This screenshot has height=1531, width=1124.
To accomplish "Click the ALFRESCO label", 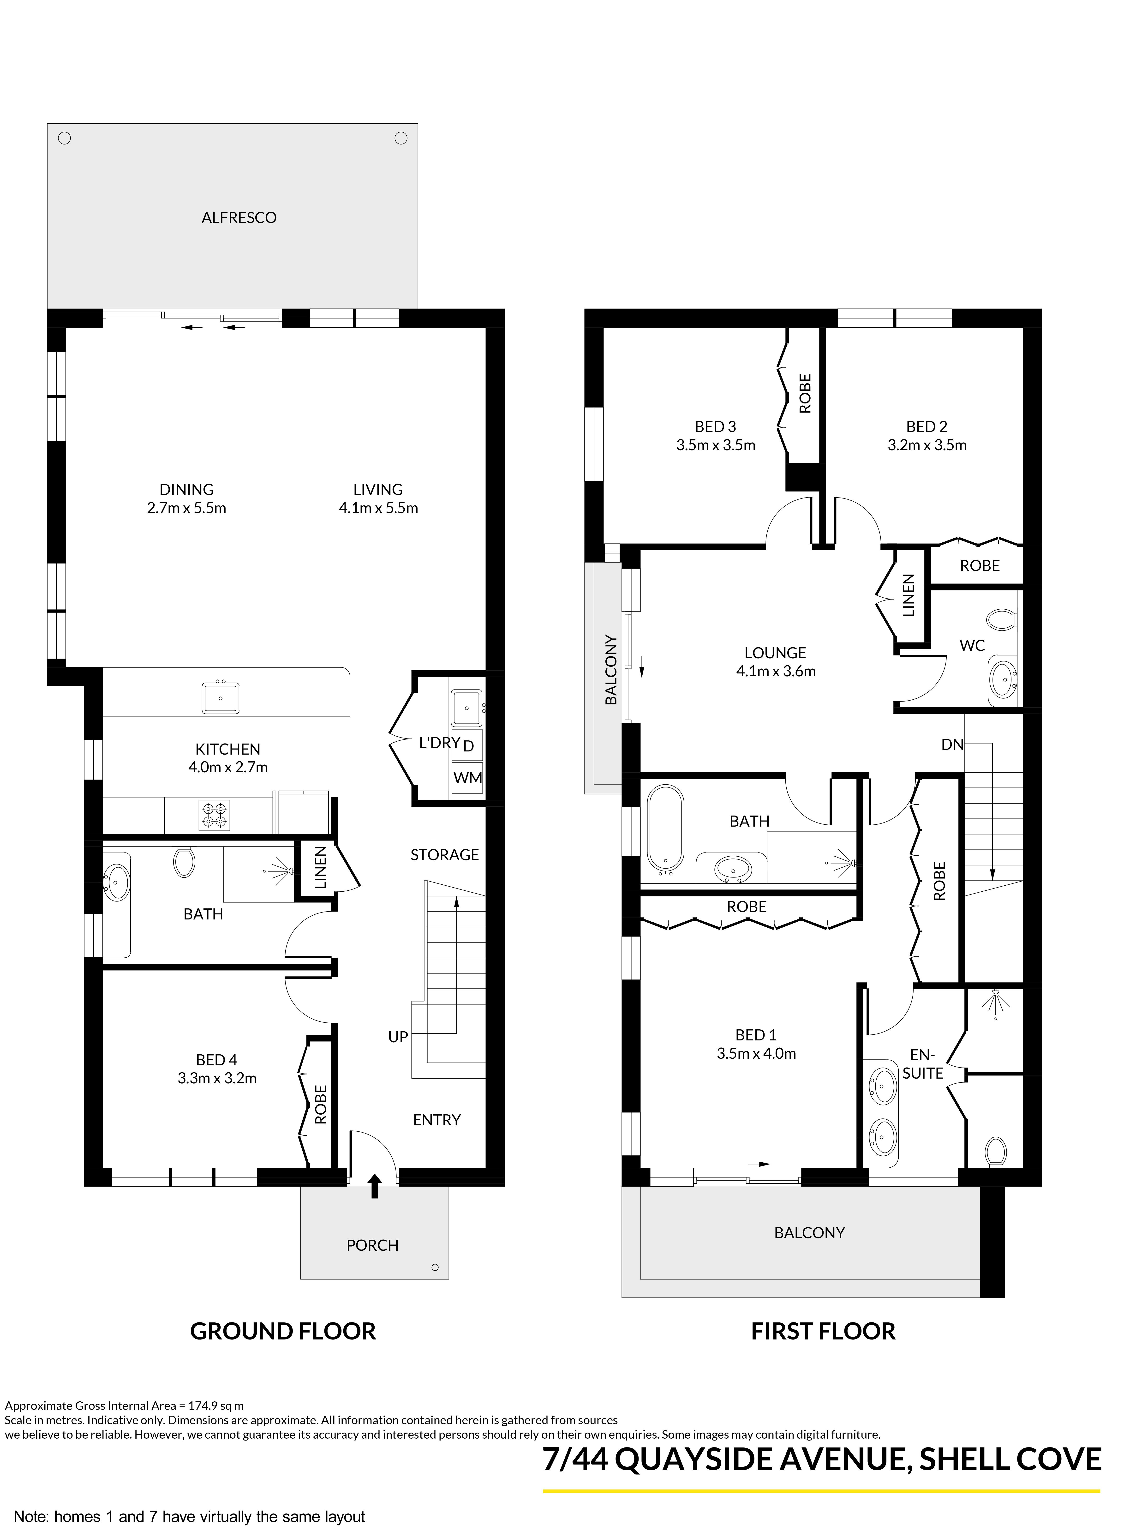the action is (x=239, y=218).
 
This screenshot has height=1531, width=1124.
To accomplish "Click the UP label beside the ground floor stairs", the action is (x=398, y=1037).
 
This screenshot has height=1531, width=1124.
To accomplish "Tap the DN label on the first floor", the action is (x=952, y=744).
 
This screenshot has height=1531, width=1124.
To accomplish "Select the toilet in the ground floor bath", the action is (x=184, y=862).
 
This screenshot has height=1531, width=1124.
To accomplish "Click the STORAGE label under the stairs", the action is (x=444, y=855).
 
